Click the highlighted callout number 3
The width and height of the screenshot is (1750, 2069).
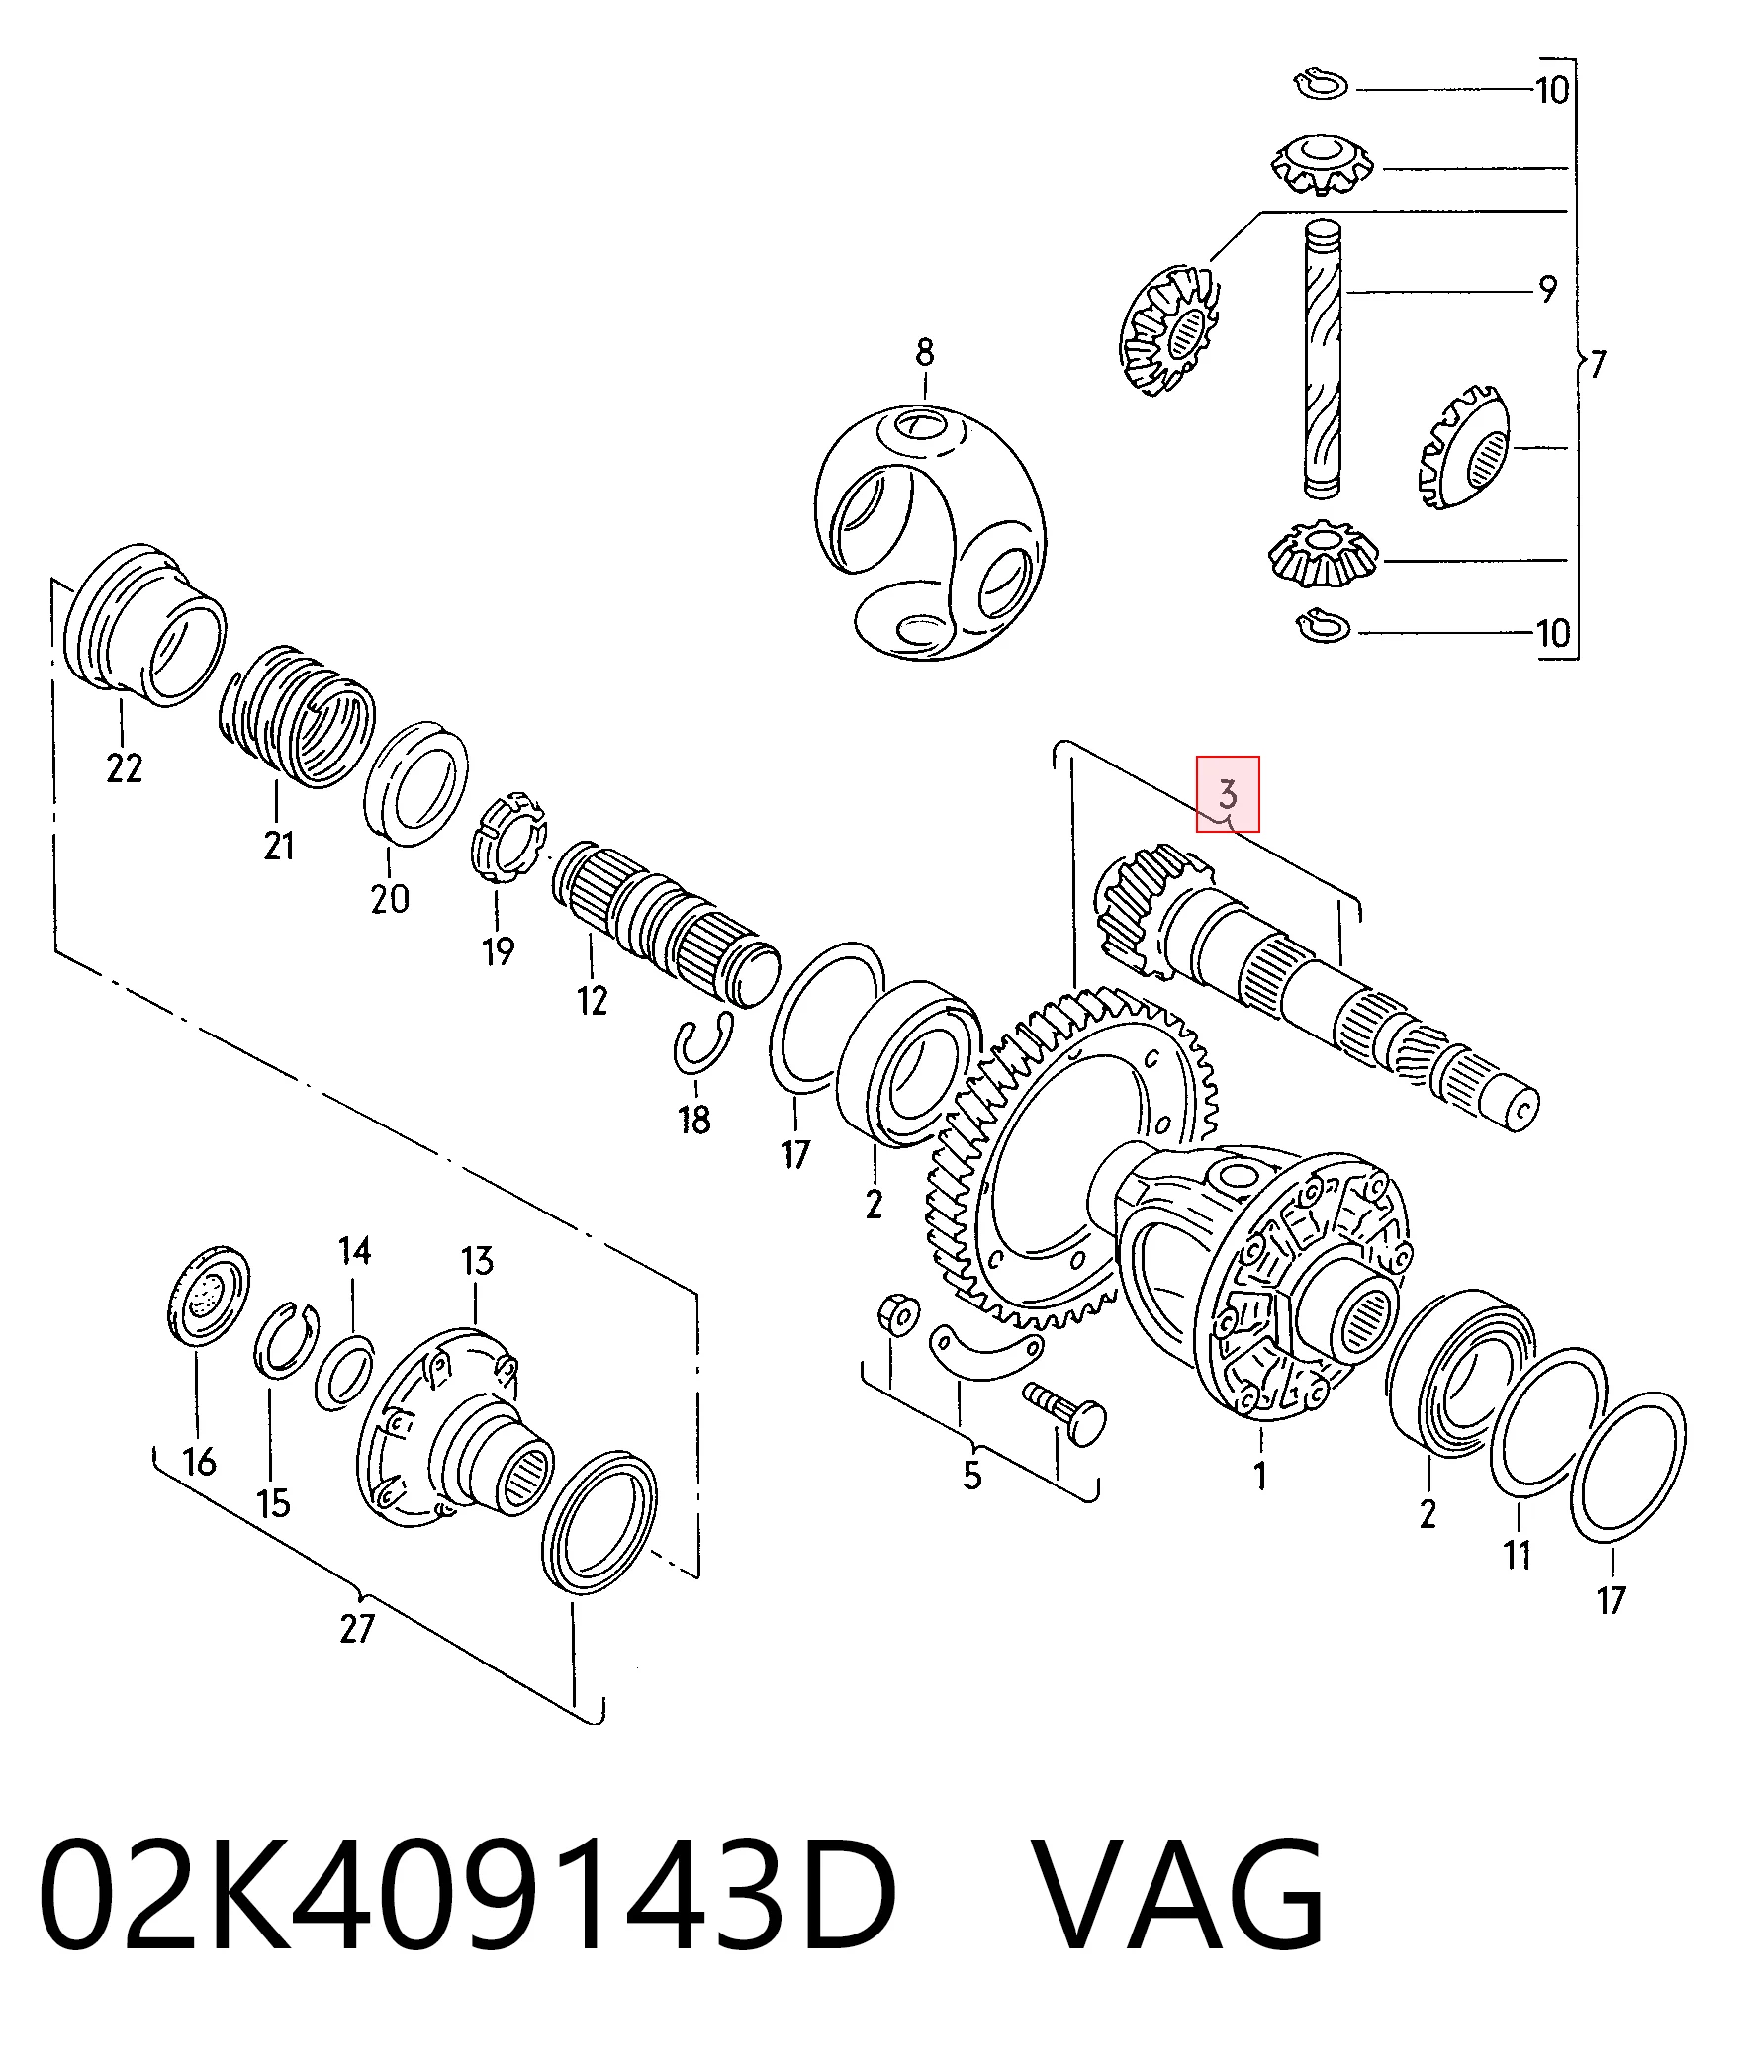[x=1228, y=794]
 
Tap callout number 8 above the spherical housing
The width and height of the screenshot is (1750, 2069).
[x=924, y=352]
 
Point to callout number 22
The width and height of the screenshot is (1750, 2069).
[x=124, y=768]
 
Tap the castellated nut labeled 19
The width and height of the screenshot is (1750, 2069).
[x=508, y=837]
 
